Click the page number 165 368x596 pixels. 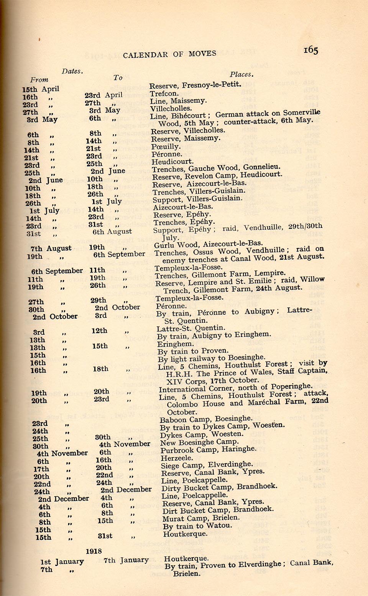click(310, 50)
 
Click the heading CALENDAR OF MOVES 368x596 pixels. click(169, 54)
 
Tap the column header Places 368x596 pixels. click(242, 74)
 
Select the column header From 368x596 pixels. click(39, 80)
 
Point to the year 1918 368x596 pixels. click(94, 551)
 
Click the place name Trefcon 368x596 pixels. click(164, 94)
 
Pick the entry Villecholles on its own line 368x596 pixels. click(171, 108)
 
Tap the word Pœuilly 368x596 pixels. click(166, 146)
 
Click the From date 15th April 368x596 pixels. click(40, 89)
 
